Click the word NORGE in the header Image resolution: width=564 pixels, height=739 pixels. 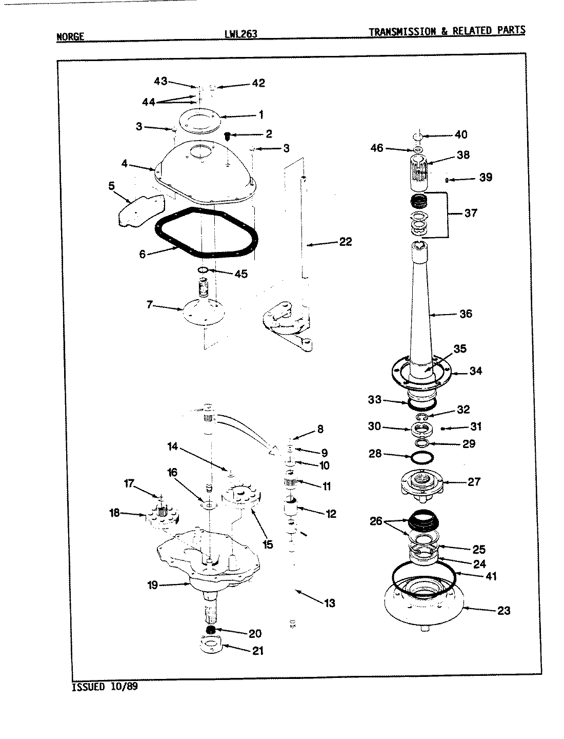click(x=70, y=36)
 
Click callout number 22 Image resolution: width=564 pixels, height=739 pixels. click(x=345, y=241)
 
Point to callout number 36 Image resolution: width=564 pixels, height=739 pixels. click(x=465, y=314)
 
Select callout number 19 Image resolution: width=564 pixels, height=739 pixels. click(x=153, y=585)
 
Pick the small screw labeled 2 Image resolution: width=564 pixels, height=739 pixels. click(x=228, y=135)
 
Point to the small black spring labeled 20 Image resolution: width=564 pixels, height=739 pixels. click(x=210, y=630)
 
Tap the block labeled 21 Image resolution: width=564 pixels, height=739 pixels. click(x=211, y=644)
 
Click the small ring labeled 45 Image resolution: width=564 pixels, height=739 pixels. click(x=203, y=270)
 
